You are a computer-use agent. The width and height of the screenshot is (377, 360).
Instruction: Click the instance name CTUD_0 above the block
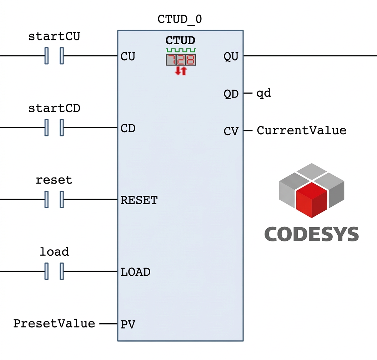coord(180,19)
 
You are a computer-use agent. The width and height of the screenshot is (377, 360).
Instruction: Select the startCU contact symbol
coord(54,56)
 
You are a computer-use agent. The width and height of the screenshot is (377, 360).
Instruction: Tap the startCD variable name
coord(54,108)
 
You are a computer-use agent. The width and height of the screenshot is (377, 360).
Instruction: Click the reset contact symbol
coord(54,199)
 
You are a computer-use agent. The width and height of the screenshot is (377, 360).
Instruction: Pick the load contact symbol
coord(54,271)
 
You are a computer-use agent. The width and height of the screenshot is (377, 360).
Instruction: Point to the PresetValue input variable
coord(54,324)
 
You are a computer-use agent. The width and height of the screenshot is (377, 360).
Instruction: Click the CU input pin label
coord(128,57)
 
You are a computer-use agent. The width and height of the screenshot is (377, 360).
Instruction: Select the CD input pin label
coord(128,128)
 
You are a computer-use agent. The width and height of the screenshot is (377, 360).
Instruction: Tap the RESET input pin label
coord(139,200)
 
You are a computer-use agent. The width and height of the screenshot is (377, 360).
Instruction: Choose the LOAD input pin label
coord(135,272)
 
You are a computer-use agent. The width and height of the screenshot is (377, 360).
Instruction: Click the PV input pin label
coord(128,325)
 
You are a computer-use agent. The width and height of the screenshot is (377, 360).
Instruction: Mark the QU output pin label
coord(231,57)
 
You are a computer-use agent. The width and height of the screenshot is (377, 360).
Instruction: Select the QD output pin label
coord(231,94)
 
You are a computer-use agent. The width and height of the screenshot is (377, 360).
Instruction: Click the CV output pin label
coord(231,131)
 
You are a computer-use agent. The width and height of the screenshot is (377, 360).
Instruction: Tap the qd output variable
coord(264,94)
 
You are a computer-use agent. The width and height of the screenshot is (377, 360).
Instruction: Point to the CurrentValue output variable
coord(302,130)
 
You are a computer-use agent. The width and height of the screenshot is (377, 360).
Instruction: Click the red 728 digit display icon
coord(181,60)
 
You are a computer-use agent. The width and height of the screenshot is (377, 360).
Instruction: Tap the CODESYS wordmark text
coord(311,234)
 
